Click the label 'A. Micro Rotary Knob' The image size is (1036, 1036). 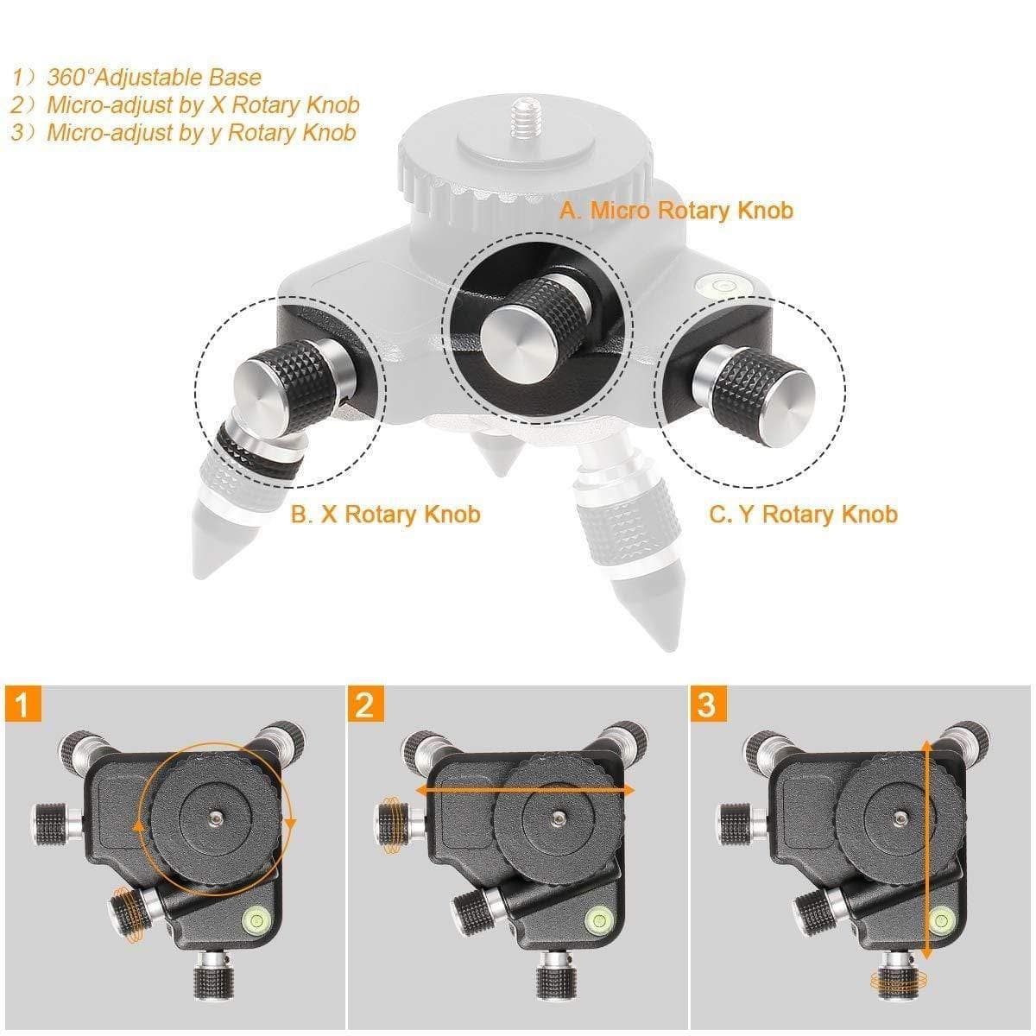(676, 210)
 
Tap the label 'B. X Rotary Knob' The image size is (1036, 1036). (385, 515)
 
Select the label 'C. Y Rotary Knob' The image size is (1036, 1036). (803, 515)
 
